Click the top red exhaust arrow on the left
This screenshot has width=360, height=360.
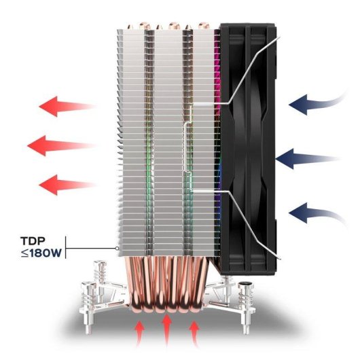click(67, 106)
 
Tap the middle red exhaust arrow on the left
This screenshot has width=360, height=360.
click(61, 145)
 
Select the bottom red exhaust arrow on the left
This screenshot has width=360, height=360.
click(67, 185)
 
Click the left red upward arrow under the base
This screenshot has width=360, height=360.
click(139, 334)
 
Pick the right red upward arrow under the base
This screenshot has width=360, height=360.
click(195, 334)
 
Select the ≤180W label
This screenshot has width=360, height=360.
click(41, 253)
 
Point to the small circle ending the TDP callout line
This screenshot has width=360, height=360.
click(117, 248)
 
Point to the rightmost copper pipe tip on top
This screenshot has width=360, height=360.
click(203, 26)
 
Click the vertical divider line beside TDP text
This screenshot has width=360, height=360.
click(66, 247)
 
